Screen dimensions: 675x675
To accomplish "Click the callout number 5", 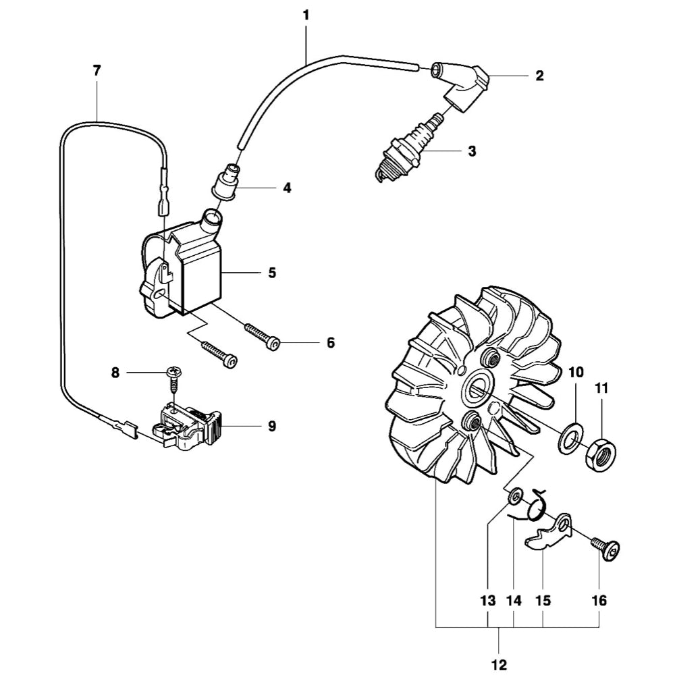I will (x=272, y=273).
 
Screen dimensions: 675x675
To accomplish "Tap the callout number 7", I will (x=97, y=70).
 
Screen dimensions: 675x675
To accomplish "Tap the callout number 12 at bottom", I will (x=500, y=665).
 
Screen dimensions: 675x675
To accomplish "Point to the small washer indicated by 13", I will (x=514, y=498).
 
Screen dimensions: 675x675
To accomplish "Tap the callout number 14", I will (x=514, y=600).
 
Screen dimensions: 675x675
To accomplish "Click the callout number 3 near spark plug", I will (x=472, y=151).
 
